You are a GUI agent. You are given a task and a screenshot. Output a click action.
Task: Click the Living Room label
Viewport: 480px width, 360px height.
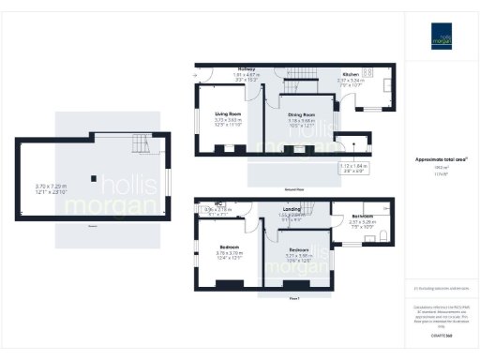[229, 114]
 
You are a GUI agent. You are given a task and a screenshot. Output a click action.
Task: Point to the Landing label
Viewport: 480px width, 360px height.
[292, 209]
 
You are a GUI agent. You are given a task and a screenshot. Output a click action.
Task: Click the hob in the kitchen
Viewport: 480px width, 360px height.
[367, 72]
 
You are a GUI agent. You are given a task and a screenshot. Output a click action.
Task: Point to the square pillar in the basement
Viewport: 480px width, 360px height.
[93, 176]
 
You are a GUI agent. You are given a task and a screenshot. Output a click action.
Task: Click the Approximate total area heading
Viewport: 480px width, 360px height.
[442, 160]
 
